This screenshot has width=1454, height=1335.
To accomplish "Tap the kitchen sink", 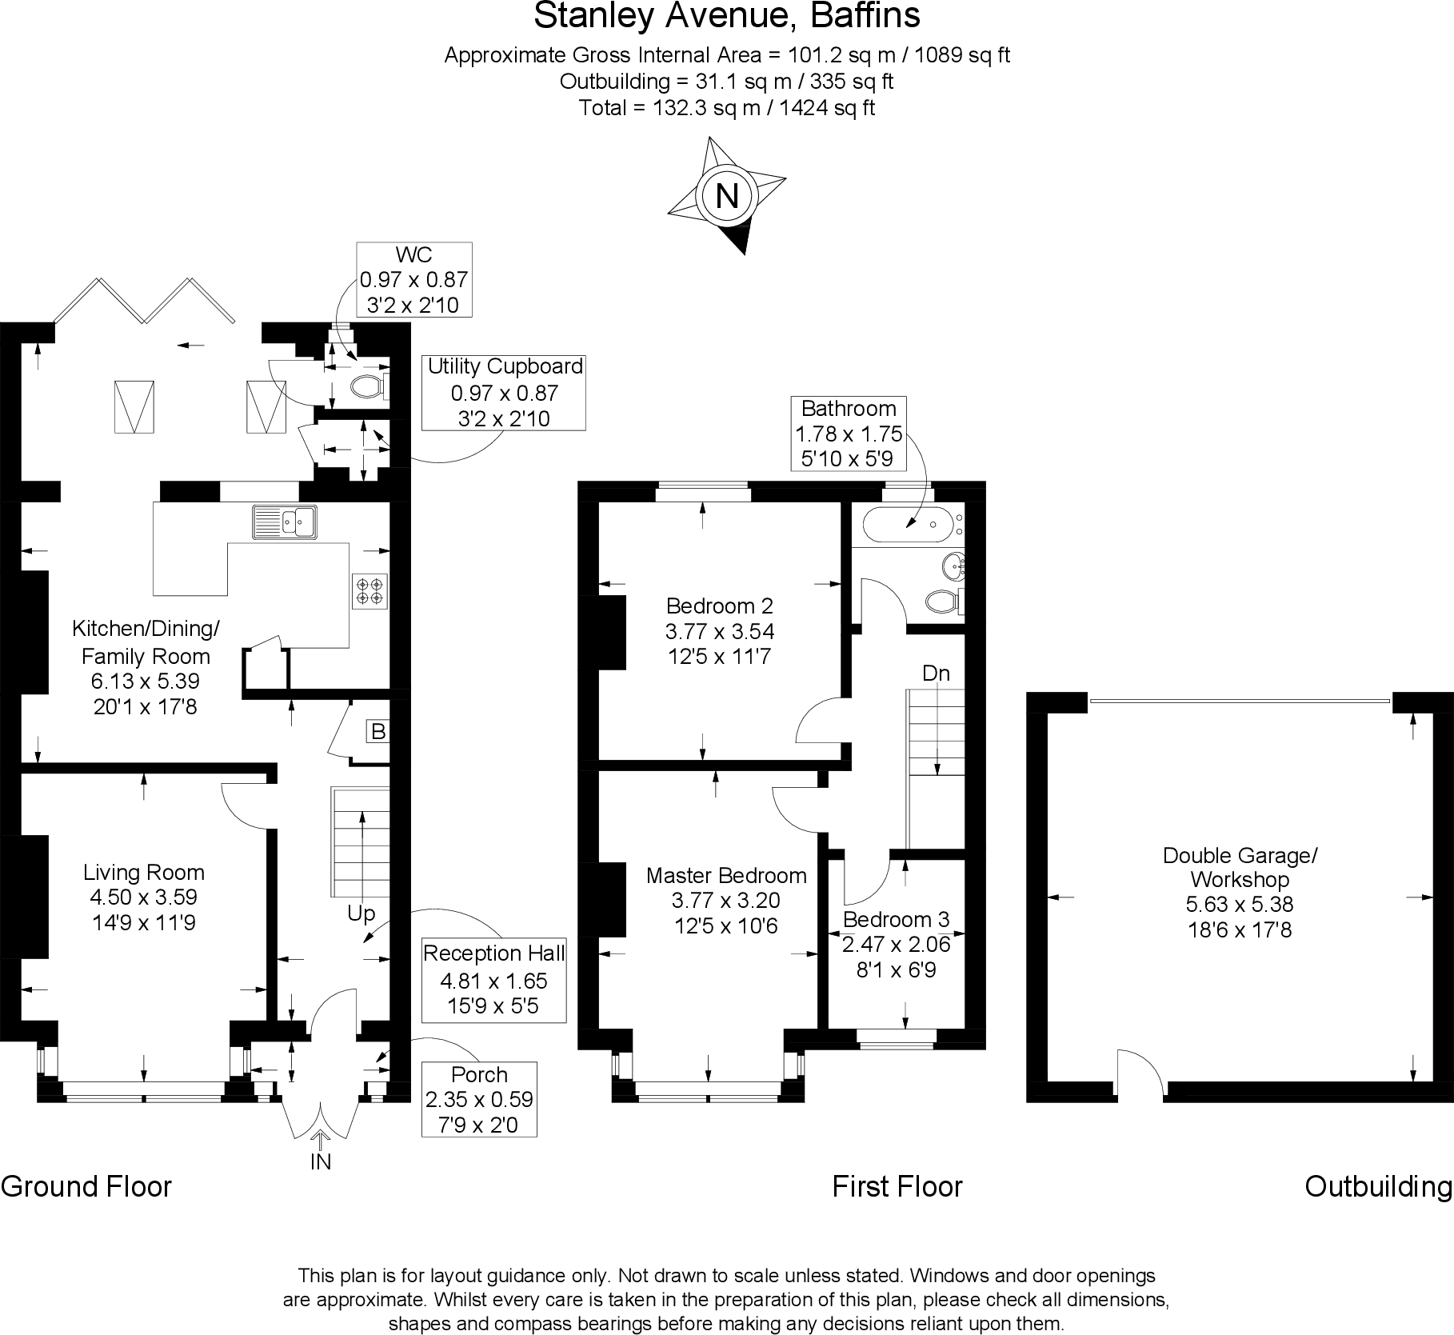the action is [285, 522].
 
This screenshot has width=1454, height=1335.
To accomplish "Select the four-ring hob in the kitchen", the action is [369, 590].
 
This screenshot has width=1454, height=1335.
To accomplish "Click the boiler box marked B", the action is [378, 731].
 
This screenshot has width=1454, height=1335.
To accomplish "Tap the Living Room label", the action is [144, 873].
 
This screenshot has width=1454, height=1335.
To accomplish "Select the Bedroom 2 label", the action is [720, 606].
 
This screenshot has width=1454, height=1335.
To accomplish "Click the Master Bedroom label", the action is [726, 875].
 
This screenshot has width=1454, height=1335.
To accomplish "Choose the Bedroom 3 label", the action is [896, 919].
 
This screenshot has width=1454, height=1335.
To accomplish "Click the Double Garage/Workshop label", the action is [1240, 868].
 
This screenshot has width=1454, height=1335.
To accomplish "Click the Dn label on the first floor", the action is [936, 673].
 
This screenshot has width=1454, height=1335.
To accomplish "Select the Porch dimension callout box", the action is [479, 1099].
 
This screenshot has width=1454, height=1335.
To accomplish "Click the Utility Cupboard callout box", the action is [504, 393].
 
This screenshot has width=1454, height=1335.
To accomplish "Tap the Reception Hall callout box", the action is [494, 980].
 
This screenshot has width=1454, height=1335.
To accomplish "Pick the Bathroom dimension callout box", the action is [849, 434].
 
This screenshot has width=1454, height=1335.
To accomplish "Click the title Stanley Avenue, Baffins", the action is [727, 15].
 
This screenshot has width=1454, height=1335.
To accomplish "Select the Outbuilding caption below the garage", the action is [1379, 1186].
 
